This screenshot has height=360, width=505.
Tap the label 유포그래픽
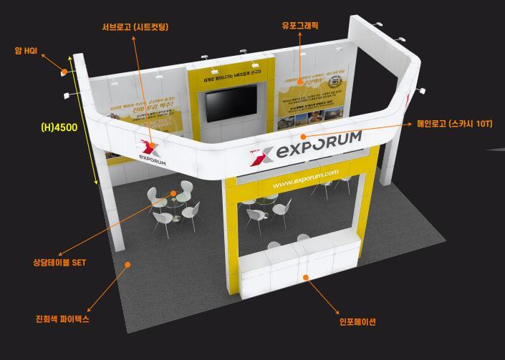click(300, 26)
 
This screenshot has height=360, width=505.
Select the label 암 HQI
click(26, 51)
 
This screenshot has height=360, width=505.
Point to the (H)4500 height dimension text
click(59, 128)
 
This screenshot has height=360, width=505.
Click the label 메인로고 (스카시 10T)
click(455, 124)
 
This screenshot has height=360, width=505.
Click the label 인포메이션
click(357, 321)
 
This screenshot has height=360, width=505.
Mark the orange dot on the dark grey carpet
click(128, 264)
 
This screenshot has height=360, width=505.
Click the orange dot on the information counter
click(306, 277)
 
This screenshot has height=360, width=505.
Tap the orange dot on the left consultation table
click(173, 193)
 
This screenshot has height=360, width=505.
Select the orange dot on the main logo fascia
click(303, 136)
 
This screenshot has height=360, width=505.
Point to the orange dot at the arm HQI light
click(64, 72)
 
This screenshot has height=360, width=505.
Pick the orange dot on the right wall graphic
click(301, 82)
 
